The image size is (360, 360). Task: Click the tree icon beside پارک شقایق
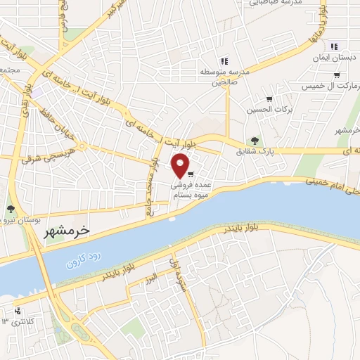(255, 141)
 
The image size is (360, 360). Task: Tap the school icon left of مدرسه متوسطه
(224, 60)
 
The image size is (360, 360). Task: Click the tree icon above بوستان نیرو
(11, 208)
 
